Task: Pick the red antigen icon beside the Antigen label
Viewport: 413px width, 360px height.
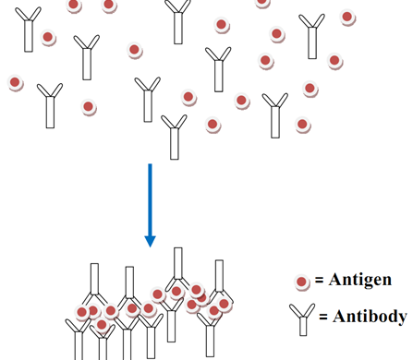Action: [302, 282]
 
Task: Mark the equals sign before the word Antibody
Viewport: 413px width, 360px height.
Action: [323, 318]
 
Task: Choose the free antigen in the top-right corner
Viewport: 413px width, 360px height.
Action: [347, 17]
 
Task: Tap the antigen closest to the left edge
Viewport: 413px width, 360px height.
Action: [16, 83]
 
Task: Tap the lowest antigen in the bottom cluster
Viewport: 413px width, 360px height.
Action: [102, 324]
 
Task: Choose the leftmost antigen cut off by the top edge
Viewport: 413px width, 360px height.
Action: [74, 5]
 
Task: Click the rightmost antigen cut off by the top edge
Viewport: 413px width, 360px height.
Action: [263, 3]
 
